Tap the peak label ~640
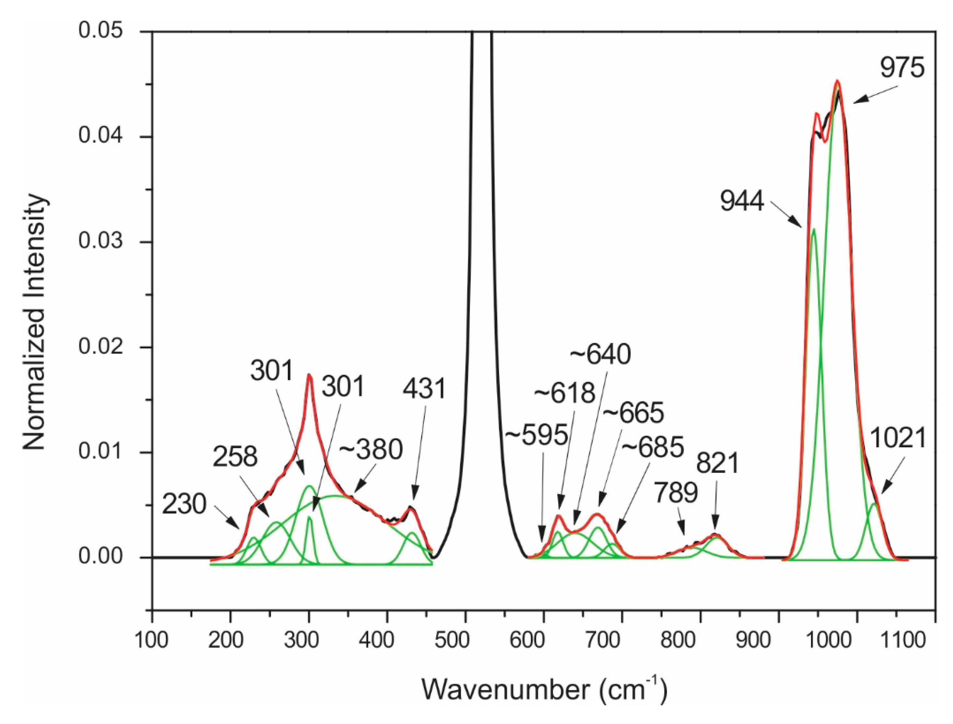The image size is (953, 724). [600, 355]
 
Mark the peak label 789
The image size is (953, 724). [676, 493]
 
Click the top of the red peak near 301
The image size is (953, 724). [309, 375]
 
